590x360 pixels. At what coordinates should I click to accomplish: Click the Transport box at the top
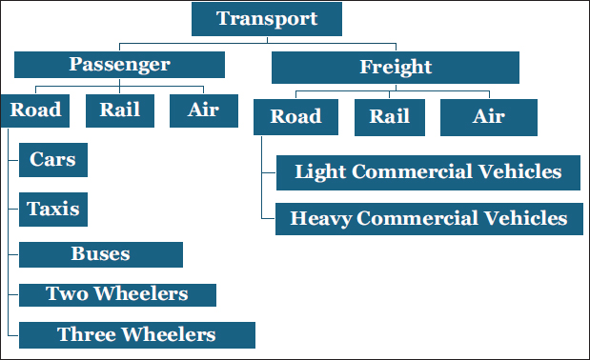coord(267,19)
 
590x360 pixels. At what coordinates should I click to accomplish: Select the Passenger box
coord(119,65)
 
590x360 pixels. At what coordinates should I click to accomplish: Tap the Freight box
coord(396,68)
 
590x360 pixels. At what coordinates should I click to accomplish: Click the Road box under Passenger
coord(35,110)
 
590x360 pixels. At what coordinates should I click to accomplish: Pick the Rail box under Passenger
coord(120,110)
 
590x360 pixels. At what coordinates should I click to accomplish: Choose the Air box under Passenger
coord(204,110)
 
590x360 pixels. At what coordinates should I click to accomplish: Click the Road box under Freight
coord(295,117)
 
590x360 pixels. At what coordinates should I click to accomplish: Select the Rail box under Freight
coord(390,117)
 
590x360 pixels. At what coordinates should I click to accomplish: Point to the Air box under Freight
coord(489,117)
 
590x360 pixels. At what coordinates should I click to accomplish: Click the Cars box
coord(53,160)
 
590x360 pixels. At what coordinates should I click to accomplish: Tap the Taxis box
coord(53,210)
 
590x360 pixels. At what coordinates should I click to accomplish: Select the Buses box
coord(101,255)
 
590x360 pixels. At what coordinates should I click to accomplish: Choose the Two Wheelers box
coord(118,295)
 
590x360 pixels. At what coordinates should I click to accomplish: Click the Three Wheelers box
coord(137,335)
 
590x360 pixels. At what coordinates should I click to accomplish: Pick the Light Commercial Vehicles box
coord(428,172)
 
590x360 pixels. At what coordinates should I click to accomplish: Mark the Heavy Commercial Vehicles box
coord(429,219)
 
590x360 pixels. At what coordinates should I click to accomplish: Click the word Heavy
coord(320,219)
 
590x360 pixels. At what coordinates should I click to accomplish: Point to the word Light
coord(320,172)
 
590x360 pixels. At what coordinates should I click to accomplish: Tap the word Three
coord(87,334)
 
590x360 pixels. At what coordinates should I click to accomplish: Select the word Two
coord(68,293)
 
